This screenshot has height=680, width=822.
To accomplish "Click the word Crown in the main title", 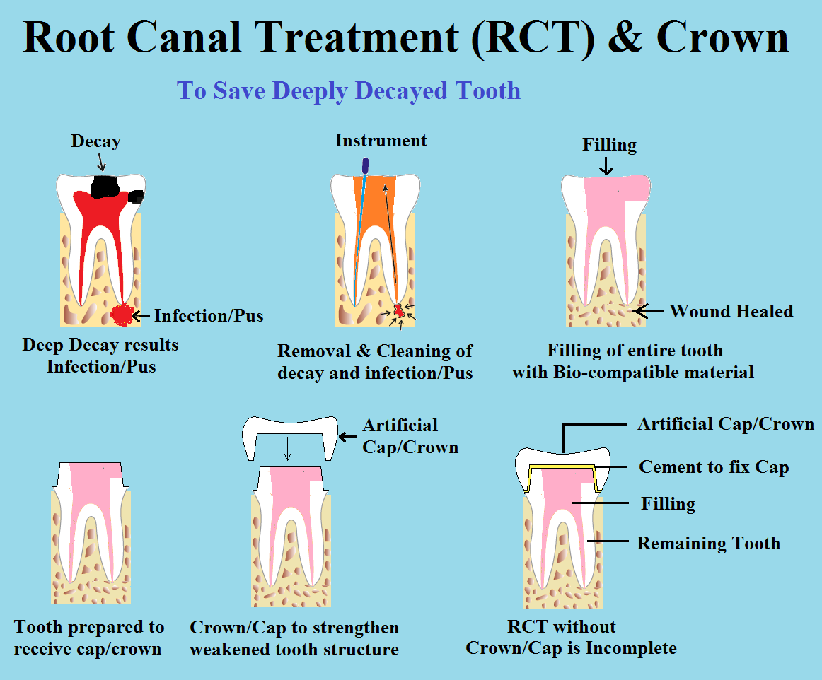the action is pyautogui.click(x=722, y=37).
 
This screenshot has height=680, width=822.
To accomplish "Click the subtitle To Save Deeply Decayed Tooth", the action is pyautogui.click(x=349, y=90).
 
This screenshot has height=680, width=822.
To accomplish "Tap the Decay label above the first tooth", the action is pyautogui.click(x=96, y=141).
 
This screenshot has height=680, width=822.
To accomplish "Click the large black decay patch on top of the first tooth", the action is pyautogui.click(x=105, y=187).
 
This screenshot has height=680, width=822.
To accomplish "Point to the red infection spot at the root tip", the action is pyautogui.click(x=122, y=315).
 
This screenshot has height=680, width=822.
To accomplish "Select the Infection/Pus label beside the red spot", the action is pyautogui.click(x=209, y=316).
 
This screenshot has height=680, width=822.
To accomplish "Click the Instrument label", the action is pyautogui.click(x=381, y=141).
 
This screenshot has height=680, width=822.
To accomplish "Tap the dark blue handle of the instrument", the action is pyautogui.click(x=366, y=165).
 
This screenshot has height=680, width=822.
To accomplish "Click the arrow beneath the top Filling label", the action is pyautogui.click(x=606, y=166).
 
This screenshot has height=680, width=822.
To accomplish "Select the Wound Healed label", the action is pyautogui.click(x=731, y=311).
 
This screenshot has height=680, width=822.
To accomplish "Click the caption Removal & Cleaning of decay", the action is pyautogui.click(x=375, y=361).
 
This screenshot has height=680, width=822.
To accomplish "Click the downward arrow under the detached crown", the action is pyautogui.click(x=287, y=448).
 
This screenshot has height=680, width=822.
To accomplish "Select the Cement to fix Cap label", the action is pyautogui.click(x=714, y=467).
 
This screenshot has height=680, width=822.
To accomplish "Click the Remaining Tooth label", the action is pyautogui.click(x=709, y=544).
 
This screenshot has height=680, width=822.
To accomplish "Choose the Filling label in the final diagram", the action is pyautogui.click(x=668, y=503).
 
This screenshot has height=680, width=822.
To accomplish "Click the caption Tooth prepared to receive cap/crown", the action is pyautogui.click(x=89, y=638).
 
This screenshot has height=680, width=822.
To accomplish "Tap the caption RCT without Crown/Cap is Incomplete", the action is pyautogui.click(x=572, y=637).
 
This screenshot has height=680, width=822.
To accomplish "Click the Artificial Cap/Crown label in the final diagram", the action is pyautogui.click(x=726, y=424).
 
